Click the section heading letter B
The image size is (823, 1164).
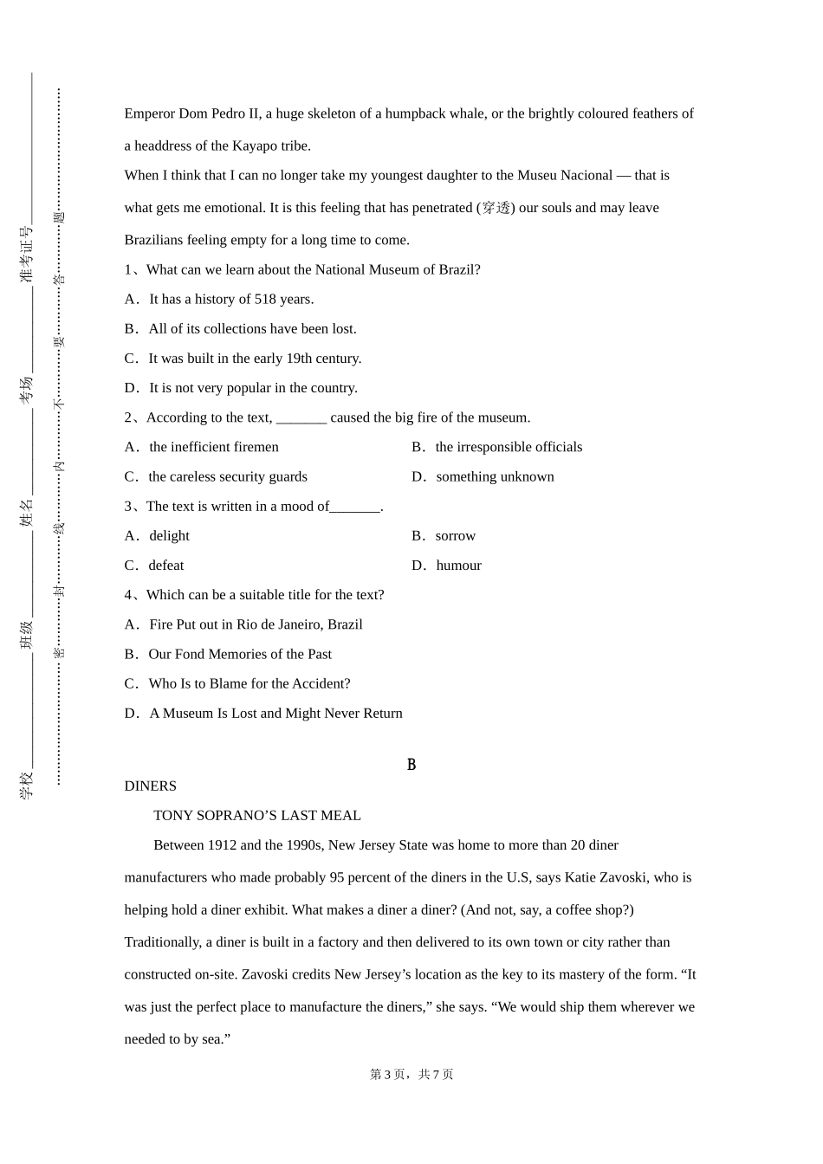(411, 765)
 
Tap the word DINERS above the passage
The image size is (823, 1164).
(150, 786)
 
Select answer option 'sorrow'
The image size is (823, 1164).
(455, 536)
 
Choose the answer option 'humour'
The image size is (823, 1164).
(458, 566)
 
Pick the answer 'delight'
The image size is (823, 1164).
(169, 536)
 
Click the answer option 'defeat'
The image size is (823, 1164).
(165, 566)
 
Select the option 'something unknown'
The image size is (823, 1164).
(495, 477)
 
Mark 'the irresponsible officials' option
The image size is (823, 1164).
(509, 447)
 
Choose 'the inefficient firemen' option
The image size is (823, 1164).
(213, 447)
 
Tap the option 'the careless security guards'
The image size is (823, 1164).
(227, 477)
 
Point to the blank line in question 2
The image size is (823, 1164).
(301, 419)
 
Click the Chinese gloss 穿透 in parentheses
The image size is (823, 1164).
(496, 208)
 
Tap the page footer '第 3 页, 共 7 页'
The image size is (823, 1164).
(411, 1075)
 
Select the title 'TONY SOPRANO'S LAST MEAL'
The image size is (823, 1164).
(256, 816)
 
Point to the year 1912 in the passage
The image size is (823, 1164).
(222, 845)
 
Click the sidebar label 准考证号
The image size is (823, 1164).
(26, 255)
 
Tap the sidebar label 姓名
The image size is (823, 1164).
(26, 512)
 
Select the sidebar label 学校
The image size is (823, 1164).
(26, 785)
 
